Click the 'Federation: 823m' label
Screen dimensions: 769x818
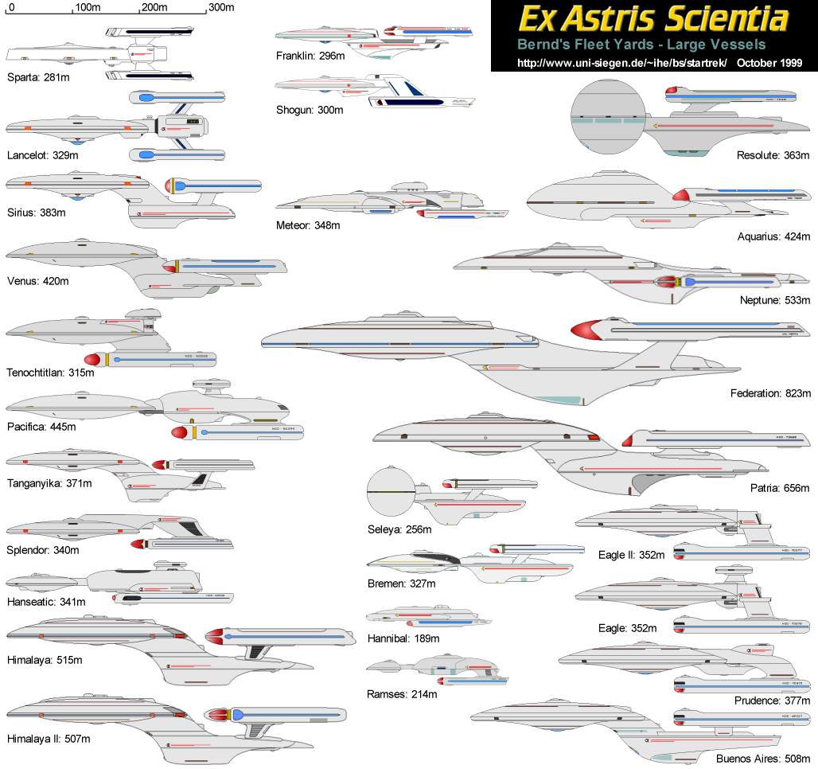click(769, 393)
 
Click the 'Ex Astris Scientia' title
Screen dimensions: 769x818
click(653, 19)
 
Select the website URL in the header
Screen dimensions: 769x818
click(622, 62)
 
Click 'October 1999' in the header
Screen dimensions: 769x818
click(769, 62)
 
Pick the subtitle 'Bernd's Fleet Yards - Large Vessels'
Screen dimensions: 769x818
click(641, 45)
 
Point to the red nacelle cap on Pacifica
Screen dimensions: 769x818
click(180, 433)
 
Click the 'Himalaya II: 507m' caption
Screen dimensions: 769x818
click(48, 739)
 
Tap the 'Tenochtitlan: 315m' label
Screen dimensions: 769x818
click(50, 372)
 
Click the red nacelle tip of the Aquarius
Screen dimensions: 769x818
click(682, 193)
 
